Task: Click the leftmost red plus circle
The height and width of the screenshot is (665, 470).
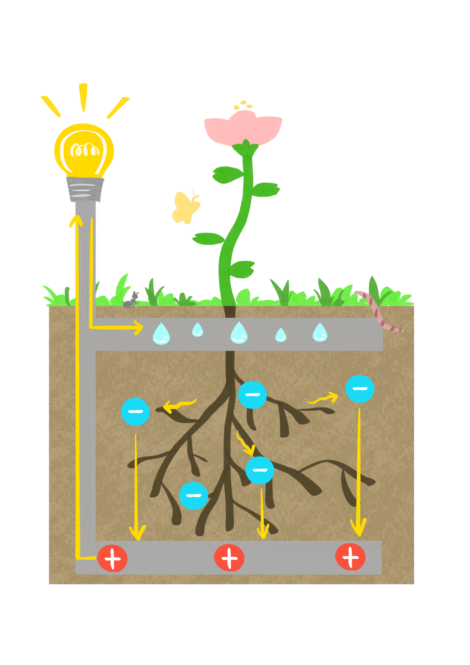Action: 112,558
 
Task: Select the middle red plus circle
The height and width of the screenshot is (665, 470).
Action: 229,558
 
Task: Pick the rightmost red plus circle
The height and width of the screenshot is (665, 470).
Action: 350,557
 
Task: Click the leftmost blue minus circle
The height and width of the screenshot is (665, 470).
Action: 135,412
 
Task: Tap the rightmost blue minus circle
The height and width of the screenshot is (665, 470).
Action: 360,389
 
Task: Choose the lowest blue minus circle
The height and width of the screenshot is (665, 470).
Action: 194,496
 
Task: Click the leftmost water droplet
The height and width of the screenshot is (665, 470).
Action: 161,334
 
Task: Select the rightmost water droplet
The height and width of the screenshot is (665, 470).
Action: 320,332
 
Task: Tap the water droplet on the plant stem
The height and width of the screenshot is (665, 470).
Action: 239,333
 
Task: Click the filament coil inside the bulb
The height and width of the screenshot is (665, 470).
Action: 85,150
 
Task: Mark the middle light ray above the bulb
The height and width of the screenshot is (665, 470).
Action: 83,97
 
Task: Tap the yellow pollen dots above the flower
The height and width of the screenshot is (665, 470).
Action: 243,105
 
